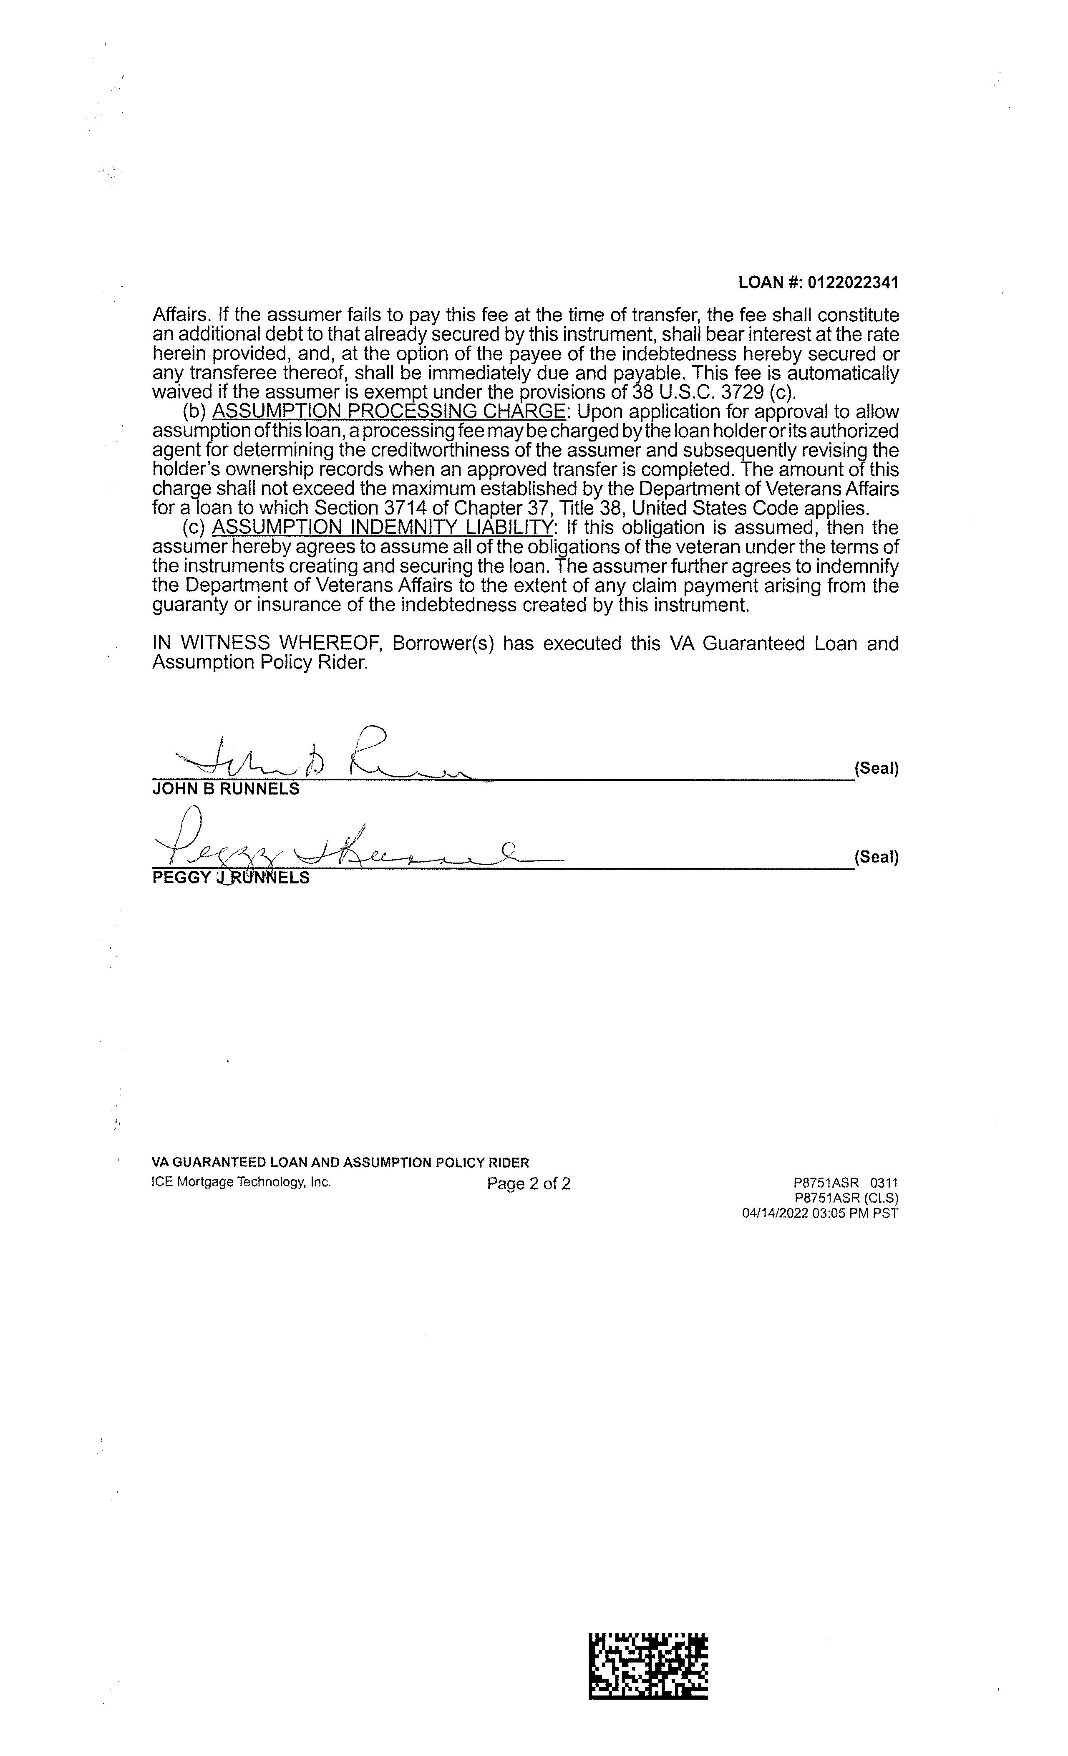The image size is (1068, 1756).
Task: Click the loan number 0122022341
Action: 853,283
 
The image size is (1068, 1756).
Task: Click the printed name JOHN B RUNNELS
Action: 226,790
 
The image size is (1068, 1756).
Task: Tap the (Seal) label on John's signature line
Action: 877,769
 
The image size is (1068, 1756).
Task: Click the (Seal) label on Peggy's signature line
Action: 877,857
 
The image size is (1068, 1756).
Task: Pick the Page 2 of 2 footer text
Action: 529,1184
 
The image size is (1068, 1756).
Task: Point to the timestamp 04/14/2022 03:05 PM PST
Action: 820,1214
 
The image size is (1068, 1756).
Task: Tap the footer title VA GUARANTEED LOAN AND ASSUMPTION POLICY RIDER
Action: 340,1163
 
